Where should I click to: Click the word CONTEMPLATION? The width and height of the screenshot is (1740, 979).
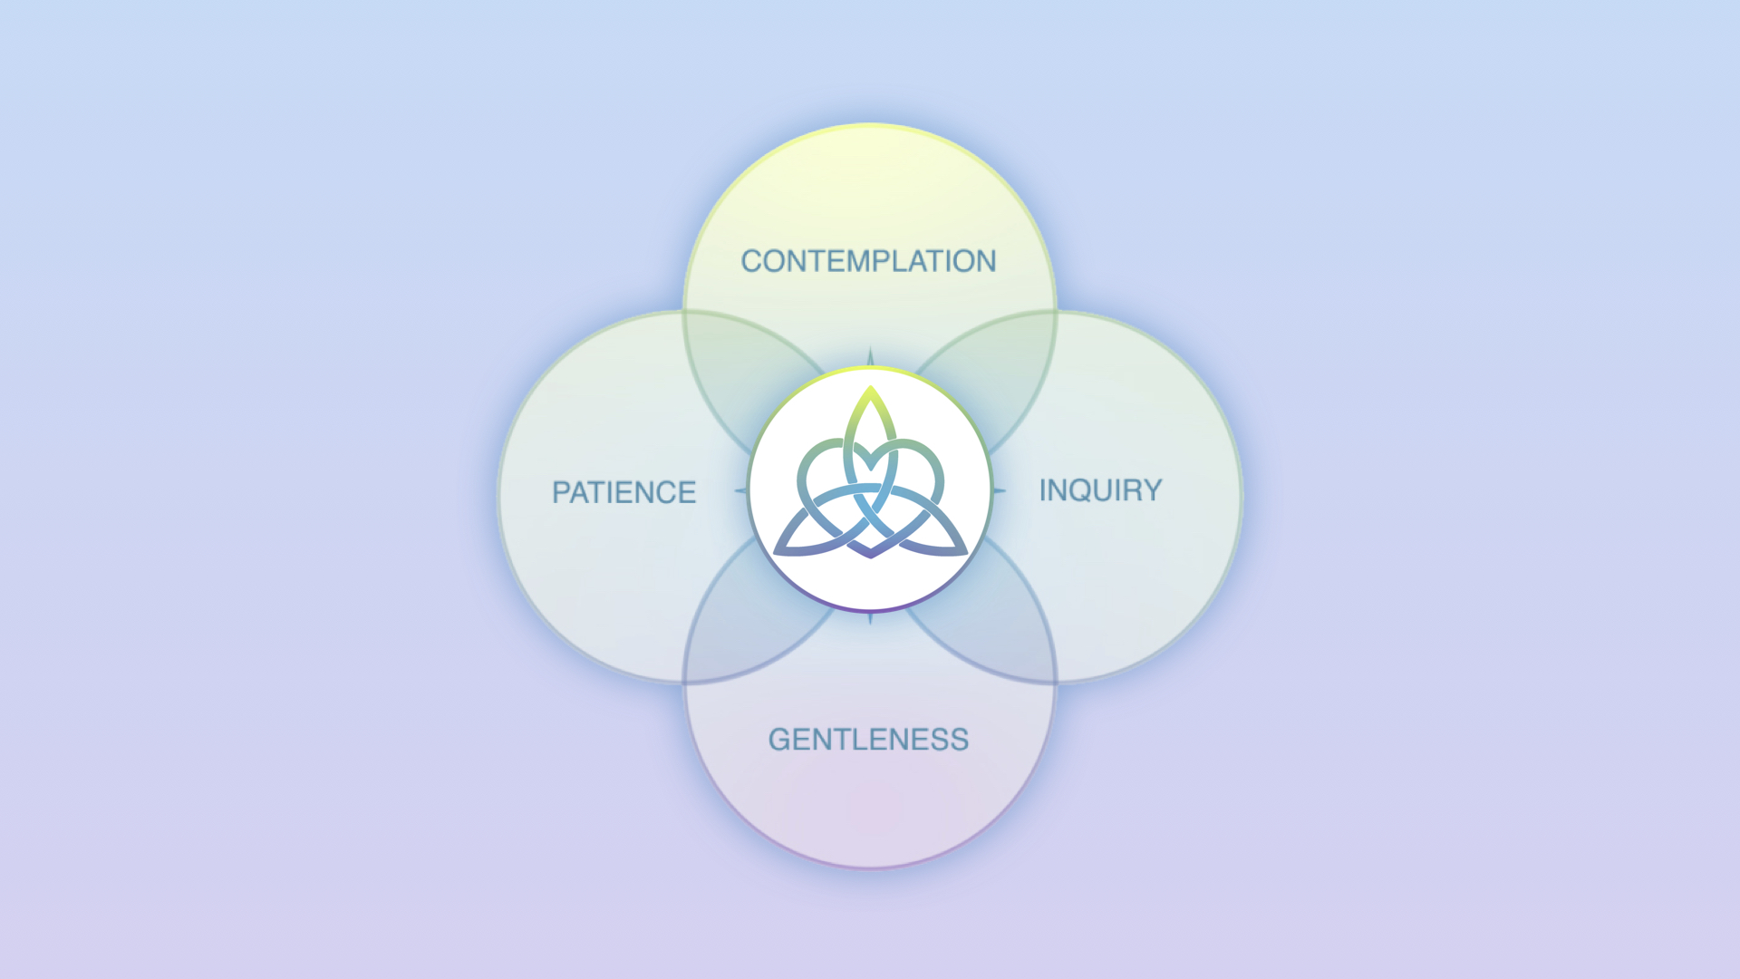point(868,261)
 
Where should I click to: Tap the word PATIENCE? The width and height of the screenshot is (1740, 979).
point(623,492)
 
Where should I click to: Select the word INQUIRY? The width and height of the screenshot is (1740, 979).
point(1100,490)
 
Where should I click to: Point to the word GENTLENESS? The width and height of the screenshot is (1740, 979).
point(868,740)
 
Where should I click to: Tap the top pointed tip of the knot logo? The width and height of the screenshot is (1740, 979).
point(870,389)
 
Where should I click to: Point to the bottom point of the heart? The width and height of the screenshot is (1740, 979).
point(871,556)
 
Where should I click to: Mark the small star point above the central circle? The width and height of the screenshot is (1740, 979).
point(870,354)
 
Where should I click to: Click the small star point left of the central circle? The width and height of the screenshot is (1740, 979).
point(739,491)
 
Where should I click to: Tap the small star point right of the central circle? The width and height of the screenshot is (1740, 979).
point(1000,491)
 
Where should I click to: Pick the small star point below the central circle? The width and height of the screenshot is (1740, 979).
point(870,619)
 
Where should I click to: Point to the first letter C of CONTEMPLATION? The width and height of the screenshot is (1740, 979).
point(751,261)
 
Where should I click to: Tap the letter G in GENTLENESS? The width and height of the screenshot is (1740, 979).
point(779,740)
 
